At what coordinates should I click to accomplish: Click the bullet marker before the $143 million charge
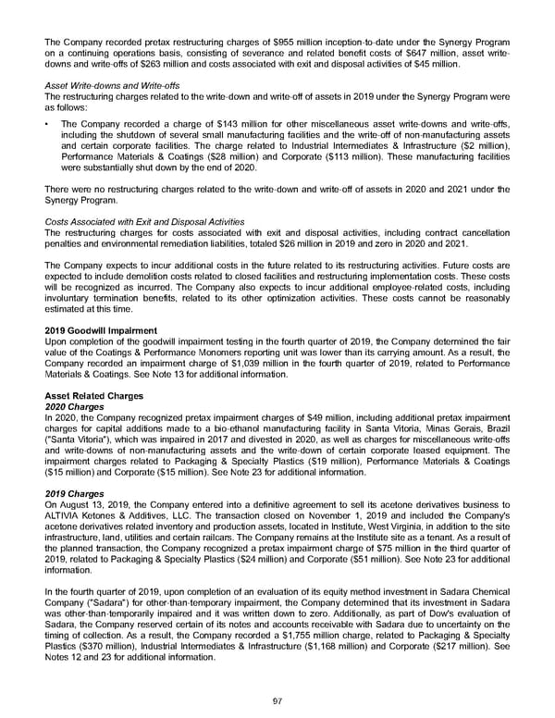point(47,123)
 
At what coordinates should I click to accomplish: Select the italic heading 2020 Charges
point(75,406)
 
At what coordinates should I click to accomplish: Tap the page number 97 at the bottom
point(277,701)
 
